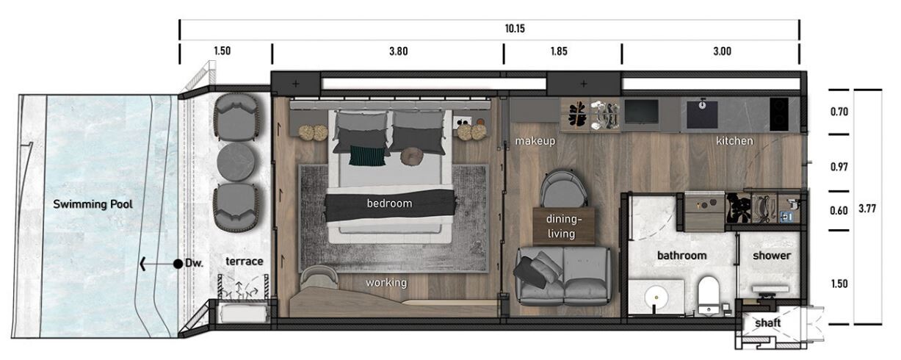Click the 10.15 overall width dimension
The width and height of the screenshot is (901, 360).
[515, 29]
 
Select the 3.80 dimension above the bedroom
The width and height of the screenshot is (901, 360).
[398, 51]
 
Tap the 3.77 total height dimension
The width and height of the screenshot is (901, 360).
[866, 209]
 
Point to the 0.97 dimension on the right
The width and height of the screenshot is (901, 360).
[839, 167]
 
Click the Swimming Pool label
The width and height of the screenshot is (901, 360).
[93, 204]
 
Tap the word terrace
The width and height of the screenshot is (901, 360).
[244, 261]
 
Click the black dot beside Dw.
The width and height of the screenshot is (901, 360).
[178, 264]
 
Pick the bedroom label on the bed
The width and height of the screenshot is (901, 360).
[389, 203]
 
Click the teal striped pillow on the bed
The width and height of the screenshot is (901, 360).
[367, 156]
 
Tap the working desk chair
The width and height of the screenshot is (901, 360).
[319, 278]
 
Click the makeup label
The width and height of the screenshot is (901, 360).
[535, 141]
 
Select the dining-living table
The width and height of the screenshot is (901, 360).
[563, 226]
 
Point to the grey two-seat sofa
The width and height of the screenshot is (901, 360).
[563, 276]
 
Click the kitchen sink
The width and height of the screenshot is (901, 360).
[702, 114]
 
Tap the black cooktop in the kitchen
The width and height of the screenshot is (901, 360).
[778, 114]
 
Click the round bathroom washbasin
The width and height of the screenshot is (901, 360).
[656, 298]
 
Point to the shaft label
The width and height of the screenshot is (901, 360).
[767, 323]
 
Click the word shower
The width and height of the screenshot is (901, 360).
[772, 256]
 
